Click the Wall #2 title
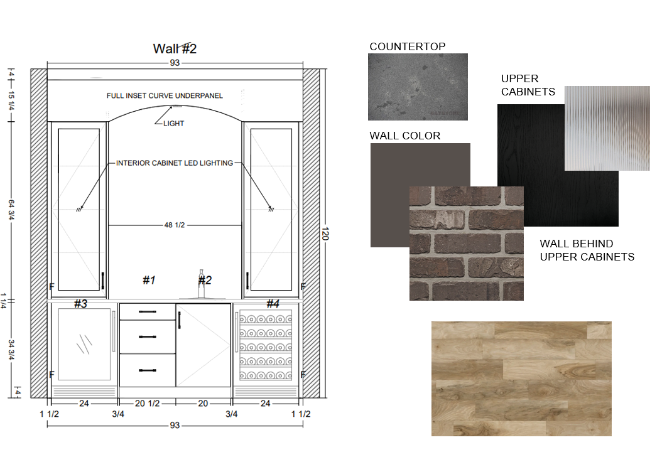175,49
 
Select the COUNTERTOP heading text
408,46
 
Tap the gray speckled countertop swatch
418,87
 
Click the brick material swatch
466,244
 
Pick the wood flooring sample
521,379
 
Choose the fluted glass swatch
607,128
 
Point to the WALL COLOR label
405,136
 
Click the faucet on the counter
201,284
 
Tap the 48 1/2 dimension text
175,225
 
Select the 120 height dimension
325,234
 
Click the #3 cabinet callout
81,304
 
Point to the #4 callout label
273,304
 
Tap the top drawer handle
148,312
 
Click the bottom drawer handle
148,370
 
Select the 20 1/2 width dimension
147,404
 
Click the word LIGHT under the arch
173,124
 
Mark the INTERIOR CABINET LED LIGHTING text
175,163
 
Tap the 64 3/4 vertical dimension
11,210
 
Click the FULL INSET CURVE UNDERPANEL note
165,96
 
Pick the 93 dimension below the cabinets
175,426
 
